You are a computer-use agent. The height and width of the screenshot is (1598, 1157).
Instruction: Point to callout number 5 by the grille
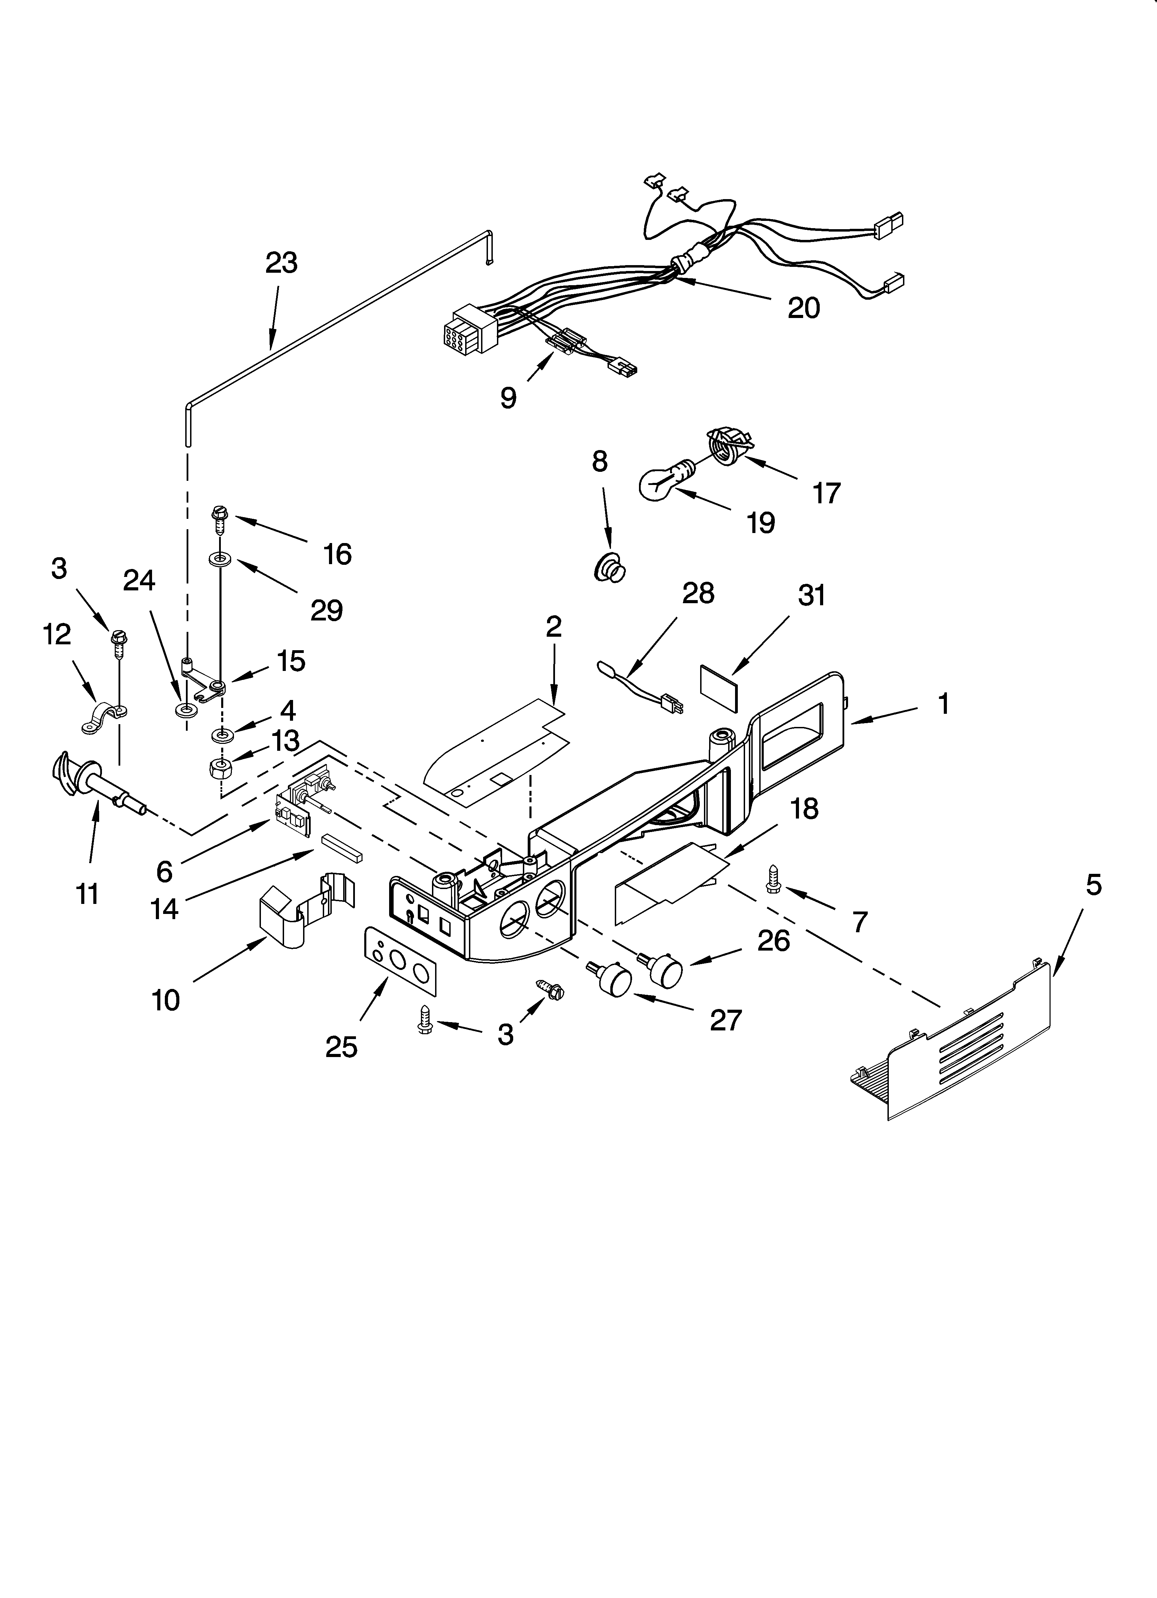pos(1093,885)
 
